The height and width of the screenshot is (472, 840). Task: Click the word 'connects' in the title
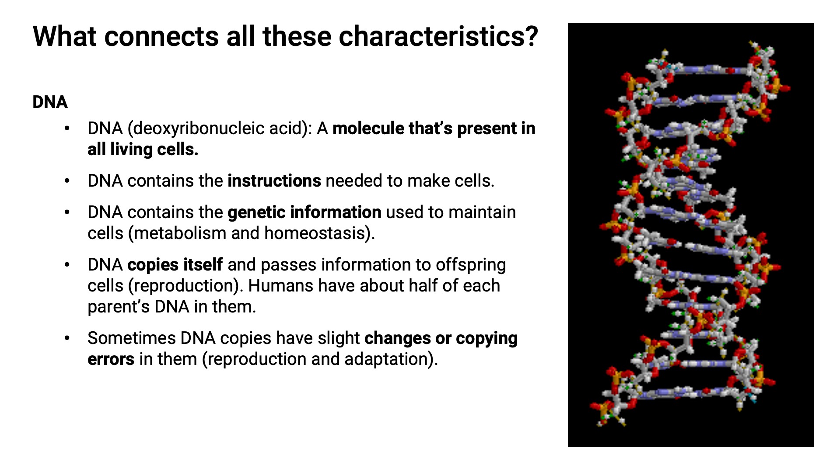tap(161, 36)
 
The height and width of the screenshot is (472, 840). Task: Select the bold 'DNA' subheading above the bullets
tap(50, 102)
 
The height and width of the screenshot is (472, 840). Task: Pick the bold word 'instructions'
tap(274, 181)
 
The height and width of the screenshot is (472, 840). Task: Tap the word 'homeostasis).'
tap(319, 233)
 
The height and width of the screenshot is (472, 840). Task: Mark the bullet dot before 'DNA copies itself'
tap(67, 265)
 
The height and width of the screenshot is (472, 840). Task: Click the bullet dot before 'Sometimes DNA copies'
tap(67, 338)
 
